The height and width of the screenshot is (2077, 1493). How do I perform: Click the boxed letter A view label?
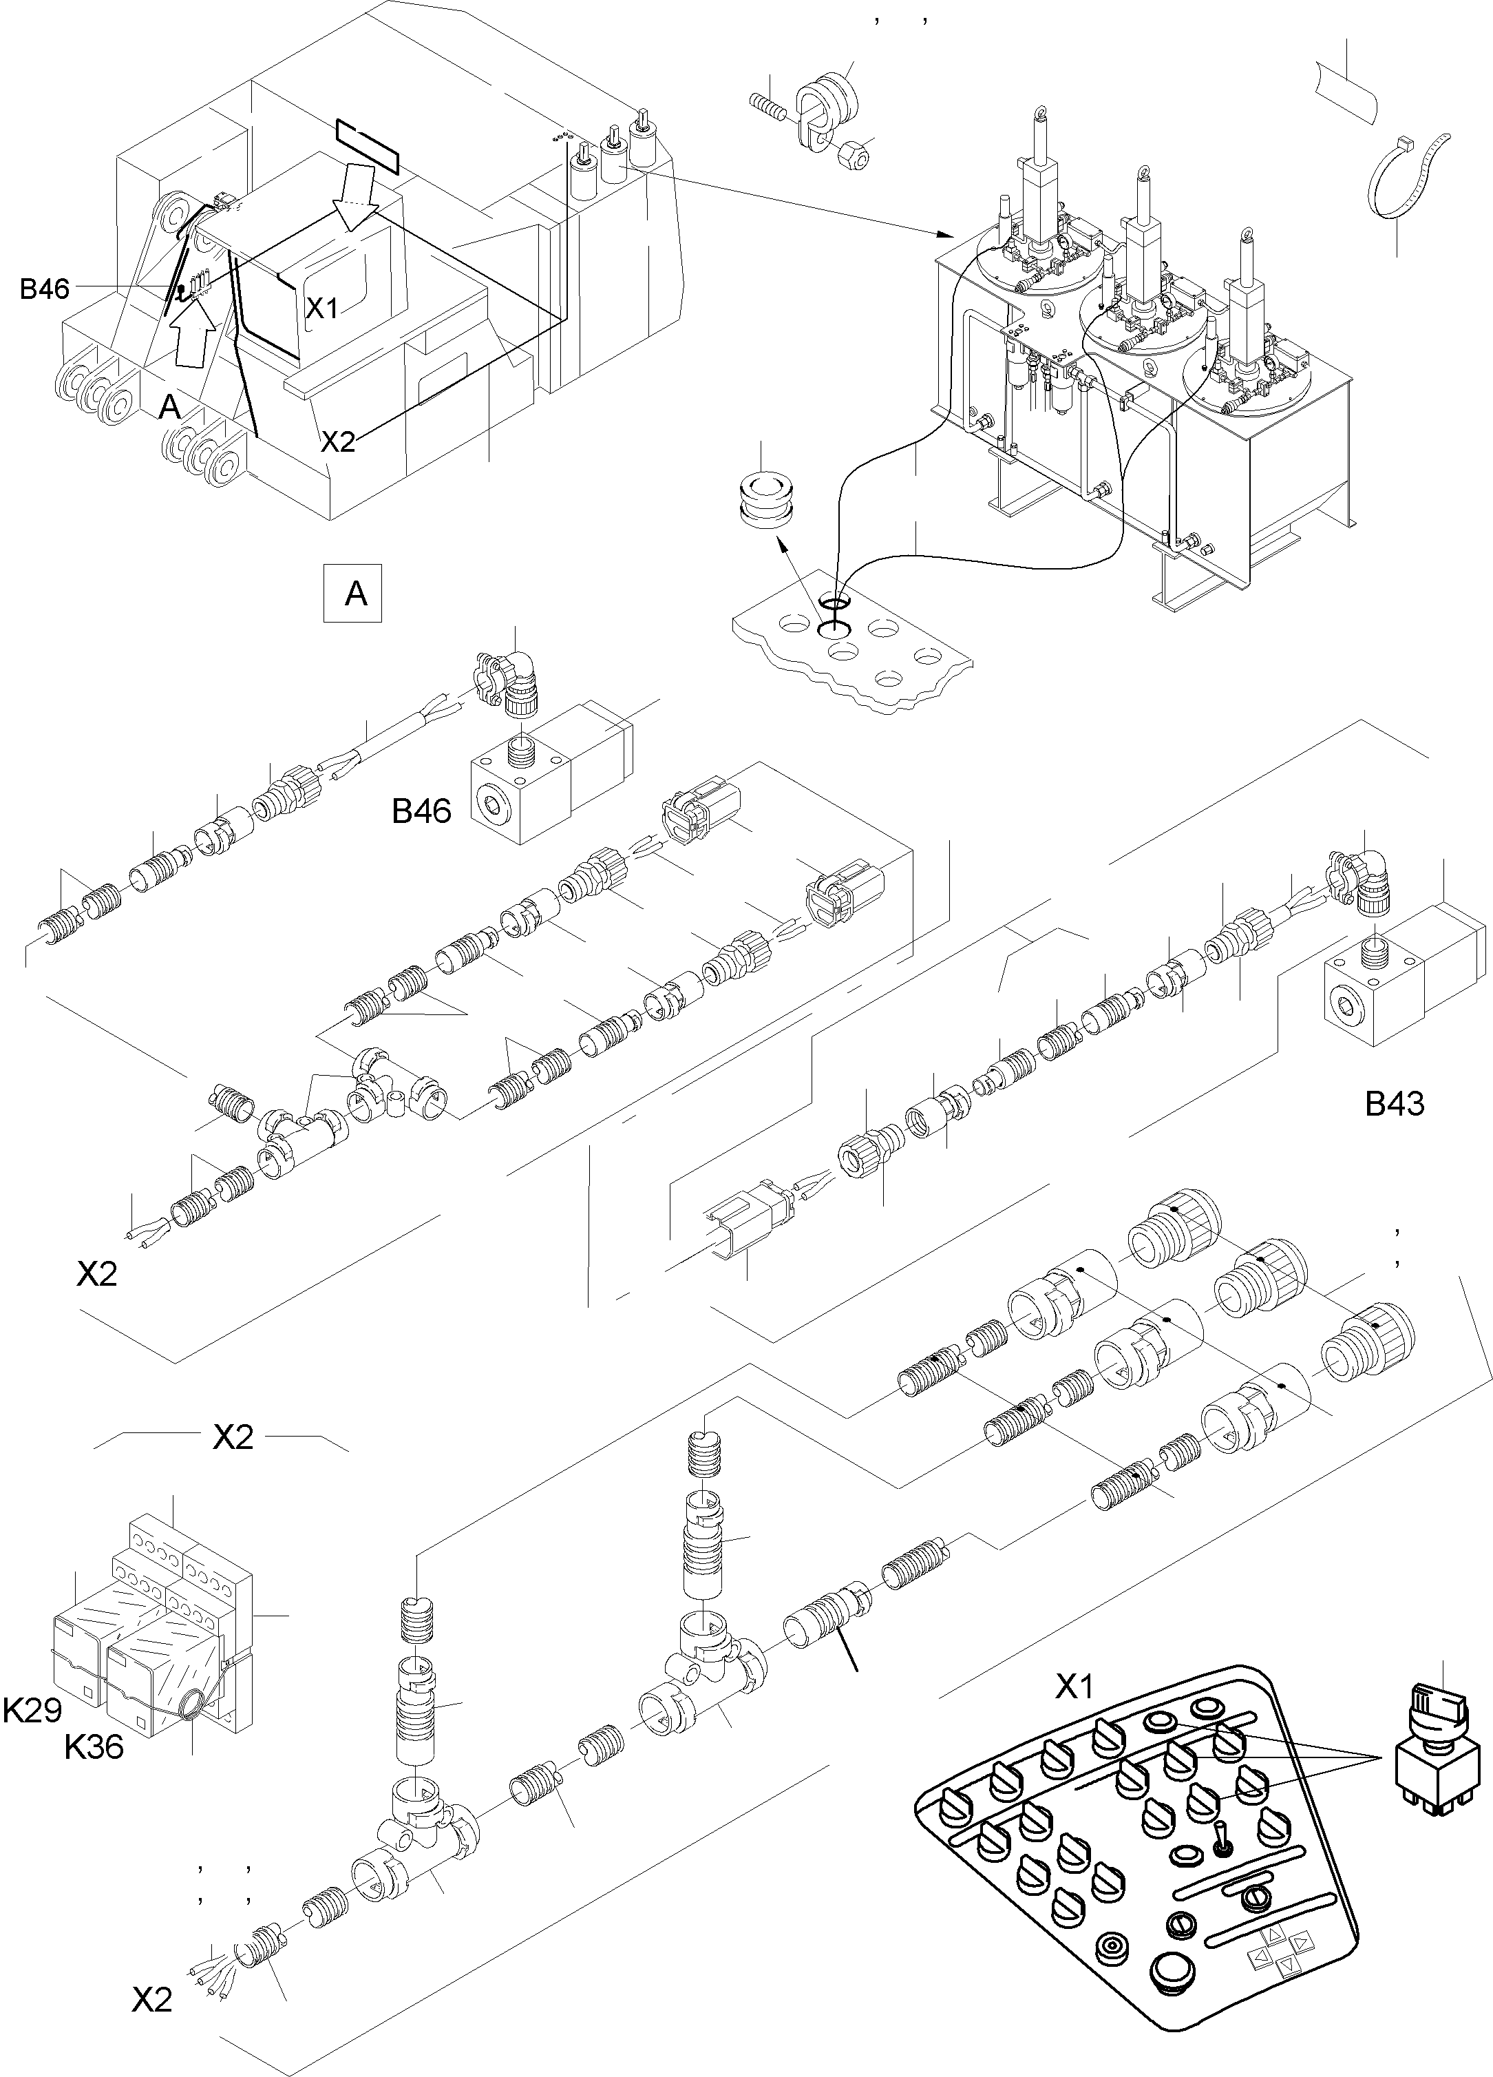click(354, 594)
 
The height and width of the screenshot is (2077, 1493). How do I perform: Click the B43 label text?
click(1394, 1105)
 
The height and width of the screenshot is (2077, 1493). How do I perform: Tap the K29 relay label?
click(32, 1711)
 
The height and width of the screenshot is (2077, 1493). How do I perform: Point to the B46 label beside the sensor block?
click(421, 811)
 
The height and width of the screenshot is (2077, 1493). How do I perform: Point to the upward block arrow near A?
click(194, 333)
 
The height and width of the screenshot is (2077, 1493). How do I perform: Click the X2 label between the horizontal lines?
click(233, 1438)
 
